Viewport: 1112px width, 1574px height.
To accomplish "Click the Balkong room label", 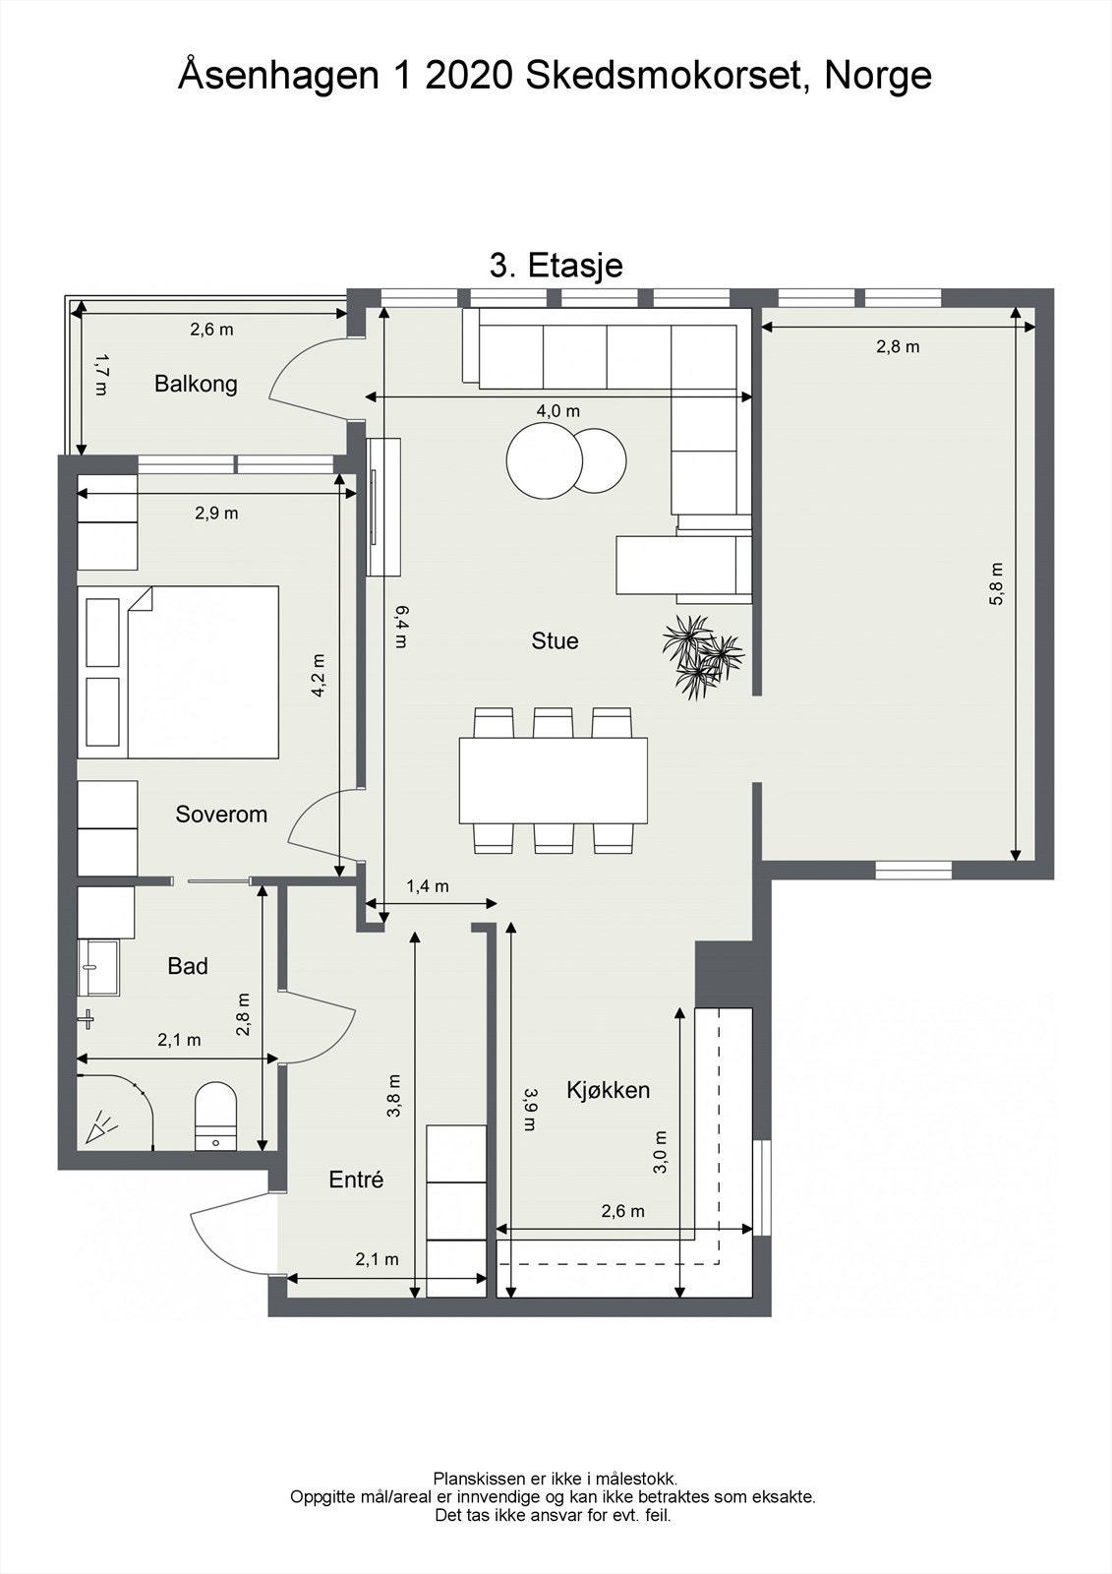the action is pos(196,385).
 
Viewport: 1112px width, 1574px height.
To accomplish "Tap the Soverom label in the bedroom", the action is pos(221,815).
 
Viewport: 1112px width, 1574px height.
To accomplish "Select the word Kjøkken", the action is pos(609,1091).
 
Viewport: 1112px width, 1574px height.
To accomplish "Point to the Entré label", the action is pos(356,1180).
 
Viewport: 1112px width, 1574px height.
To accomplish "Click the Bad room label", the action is pos(188,966).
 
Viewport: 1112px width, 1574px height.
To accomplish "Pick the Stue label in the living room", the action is pos(555,640).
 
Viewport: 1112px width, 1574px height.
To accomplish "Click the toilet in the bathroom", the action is pos(215,1116).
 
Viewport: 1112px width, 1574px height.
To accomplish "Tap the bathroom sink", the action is pos(98,968).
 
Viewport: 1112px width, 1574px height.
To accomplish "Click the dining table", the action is pos(554,780).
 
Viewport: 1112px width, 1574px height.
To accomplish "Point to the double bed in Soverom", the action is pos(178,673).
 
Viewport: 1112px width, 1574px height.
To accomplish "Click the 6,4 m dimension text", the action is pos(400,627).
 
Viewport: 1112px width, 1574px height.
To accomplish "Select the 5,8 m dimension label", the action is pos(996,584).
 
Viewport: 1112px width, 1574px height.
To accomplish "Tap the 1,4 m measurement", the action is pos(428,886).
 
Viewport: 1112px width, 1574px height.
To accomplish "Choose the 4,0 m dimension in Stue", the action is pos(558,412).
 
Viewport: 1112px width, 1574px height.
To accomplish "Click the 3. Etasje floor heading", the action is pos(556,267).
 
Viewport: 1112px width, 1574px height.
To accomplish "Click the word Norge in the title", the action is pos(878,76).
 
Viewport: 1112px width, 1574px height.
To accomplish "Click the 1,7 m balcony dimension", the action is pos(100,374).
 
